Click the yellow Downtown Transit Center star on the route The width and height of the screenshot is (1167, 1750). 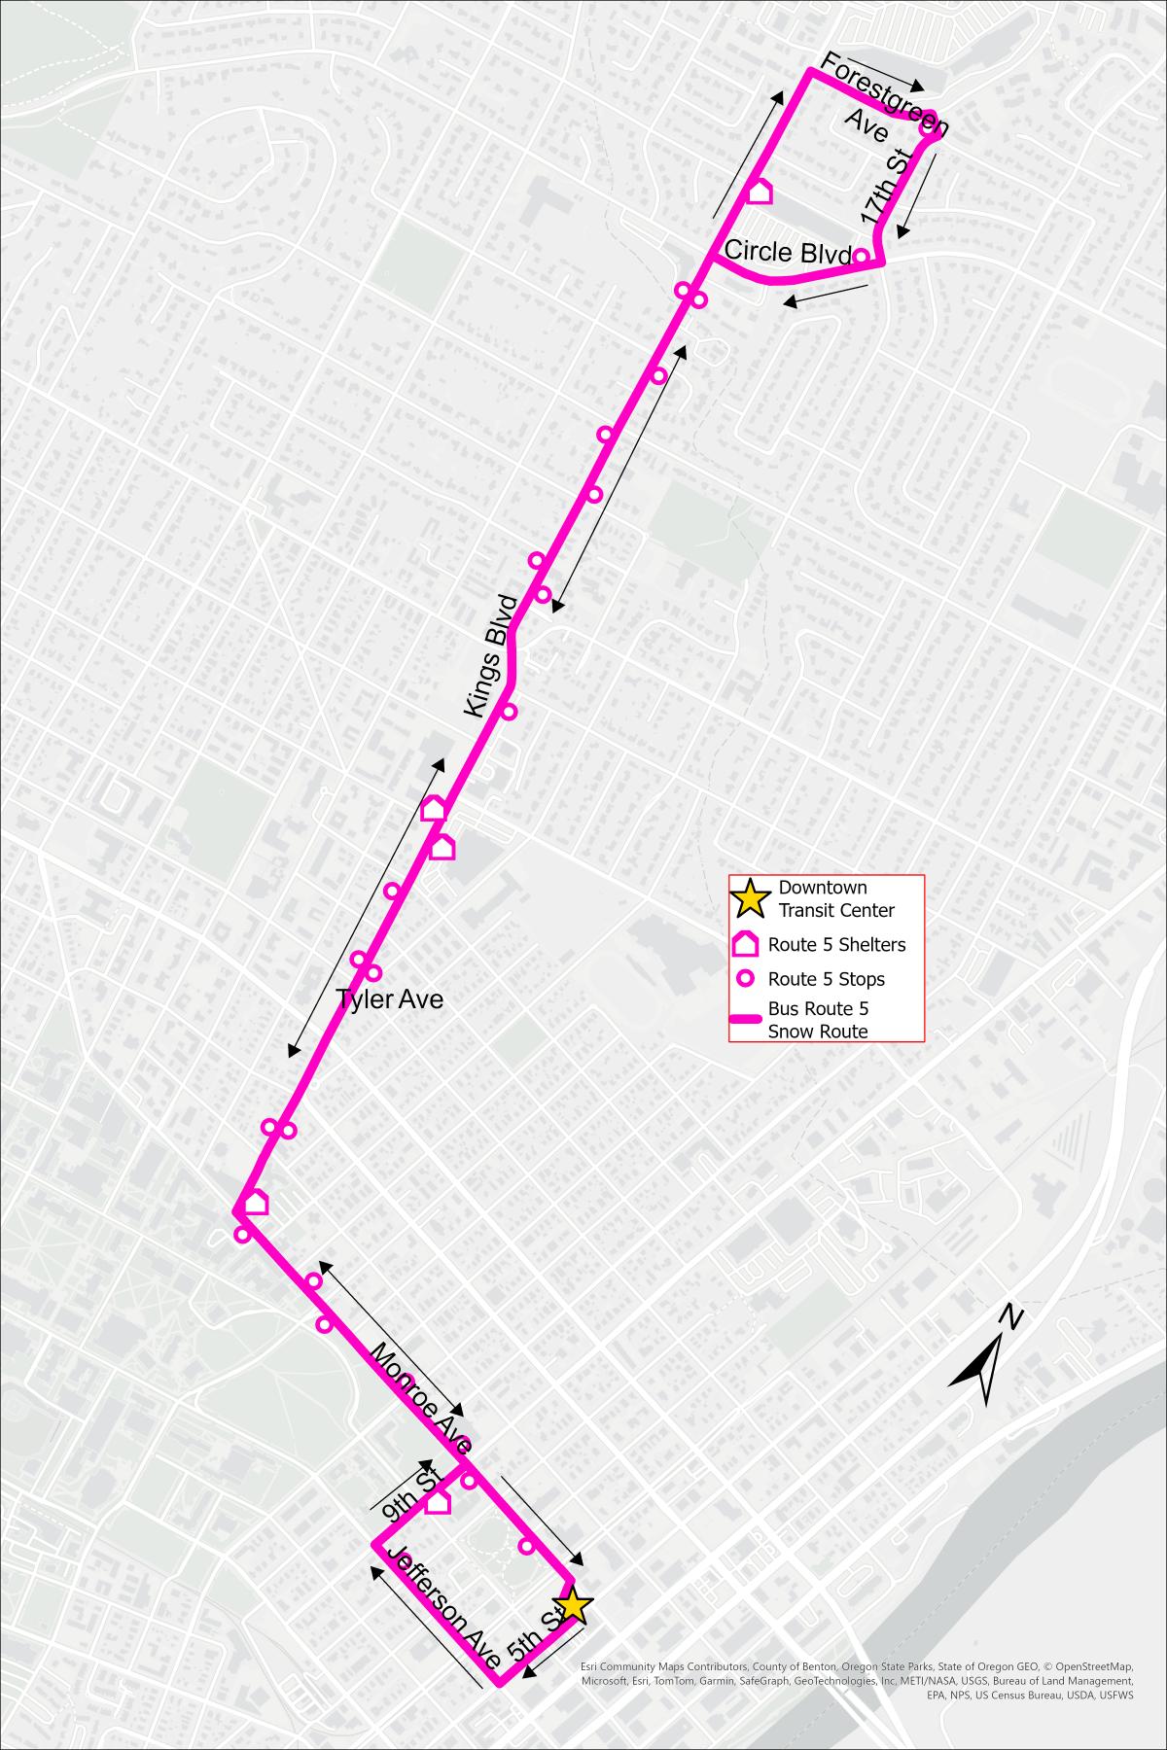[x=573, y=1606]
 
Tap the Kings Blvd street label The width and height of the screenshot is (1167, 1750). [x=489, y=655]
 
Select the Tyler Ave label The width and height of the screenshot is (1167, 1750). [x=389, y=998]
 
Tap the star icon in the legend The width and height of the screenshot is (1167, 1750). [x=750, y=898]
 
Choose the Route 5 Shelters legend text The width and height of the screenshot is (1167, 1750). [x=835, y=944]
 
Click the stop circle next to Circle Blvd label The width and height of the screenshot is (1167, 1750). [x=861, y=257]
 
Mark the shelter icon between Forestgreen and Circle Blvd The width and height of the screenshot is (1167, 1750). [x=759, y=192]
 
